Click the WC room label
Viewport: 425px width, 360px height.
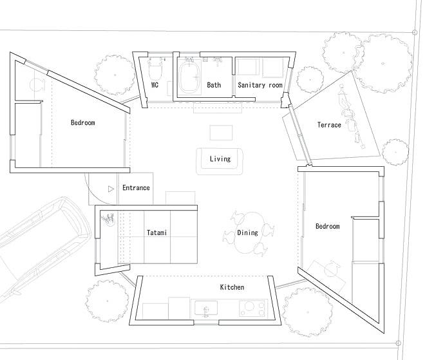pos(155,85)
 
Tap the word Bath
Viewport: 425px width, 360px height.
pos(214,85)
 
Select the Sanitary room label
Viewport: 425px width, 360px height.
pos(260,85)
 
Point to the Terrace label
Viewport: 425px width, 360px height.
pos(329,125)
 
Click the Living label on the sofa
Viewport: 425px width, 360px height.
pos(220,158)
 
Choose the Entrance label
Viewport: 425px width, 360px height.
pos(136,187)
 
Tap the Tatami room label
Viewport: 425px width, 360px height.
pos(156,232)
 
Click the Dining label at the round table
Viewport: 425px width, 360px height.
pos(247,232)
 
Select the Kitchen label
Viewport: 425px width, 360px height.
pos(232,287)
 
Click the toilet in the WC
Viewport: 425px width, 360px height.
pos(155,69)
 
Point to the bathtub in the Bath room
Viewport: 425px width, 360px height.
pos(190,77)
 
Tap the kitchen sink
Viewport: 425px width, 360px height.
pos(206,308)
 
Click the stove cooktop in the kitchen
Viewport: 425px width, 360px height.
pos(252,308)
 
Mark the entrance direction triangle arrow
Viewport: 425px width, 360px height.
pos(111,189)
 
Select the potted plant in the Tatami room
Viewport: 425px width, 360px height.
pos(108,219)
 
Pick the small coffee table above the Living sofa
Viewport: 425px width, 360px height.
pos(221,133)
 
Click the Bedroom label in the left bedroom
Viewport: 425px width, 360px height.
pos(83,122)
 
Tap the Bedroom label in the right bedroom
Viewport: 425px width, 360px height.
pos(327,226)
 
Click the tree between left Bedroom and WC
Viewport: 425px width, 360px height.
pos(115,75)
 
